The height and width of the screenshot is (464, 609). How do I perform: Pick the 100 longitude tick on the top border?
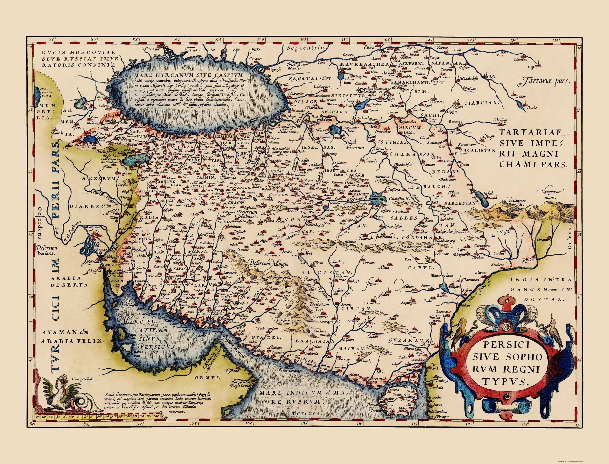(260, 39)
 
